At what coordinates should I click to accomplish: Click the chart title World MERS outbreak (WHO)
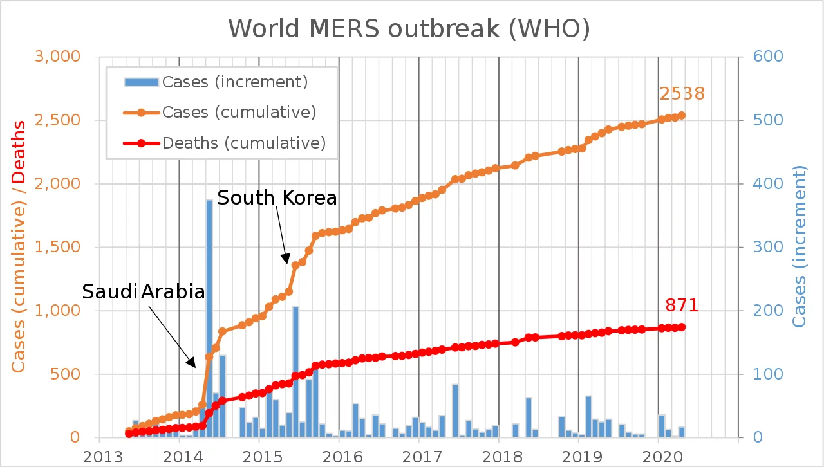pyautogui.click(x=409, y=28)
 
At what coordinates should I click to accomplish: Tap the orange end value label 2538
pyautogui.click(x=682, y=94)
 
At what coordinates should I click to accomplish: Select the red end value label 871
pyautogui.click(x=681, y=306)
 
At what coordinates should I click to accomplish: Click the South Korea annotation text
pyautogui.click(x=277, y=198)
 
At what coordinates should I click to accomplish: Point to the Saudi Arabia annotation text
pyautogui.click(x=144, y=292)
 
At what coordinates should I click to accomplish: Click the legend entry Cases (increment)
pyautogui.click(x=235, y=82)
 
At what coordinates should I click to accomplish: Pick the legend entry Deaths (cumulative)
pyautogui.click(x=243, y=142)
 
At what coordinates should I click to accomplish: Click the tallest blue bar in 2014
pyautogui.click(x=209, y=318)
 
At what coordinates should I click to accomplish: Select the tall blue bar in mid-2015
pyautogui.click(x=295, y=371)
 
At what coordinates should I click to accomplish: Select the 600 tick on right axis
pyautogui.click(x=763, y=57)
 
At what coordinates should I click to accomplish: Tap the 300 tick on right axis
pyautogui.click(x=763, y=247)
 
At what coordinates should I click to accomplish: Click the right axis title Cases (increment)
pyautogui.click(x=799, y=246)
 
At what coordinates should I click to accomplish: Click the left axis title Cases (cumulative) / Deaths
pyautogui.click(x=19, y=246)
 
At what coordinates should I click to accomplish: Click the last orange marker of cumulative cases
pyautogui.click(x=681, y=116)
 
